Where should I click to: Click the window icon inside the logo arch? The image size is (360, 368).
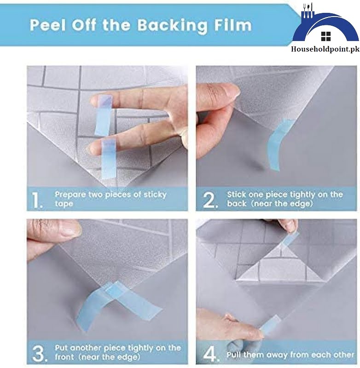(x=326, y=36)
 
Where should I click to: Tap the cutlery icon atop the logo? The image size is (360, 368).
(x=307, y=11)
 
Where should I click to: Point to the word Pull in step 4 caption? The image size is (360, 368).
(x=236, y=355)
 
